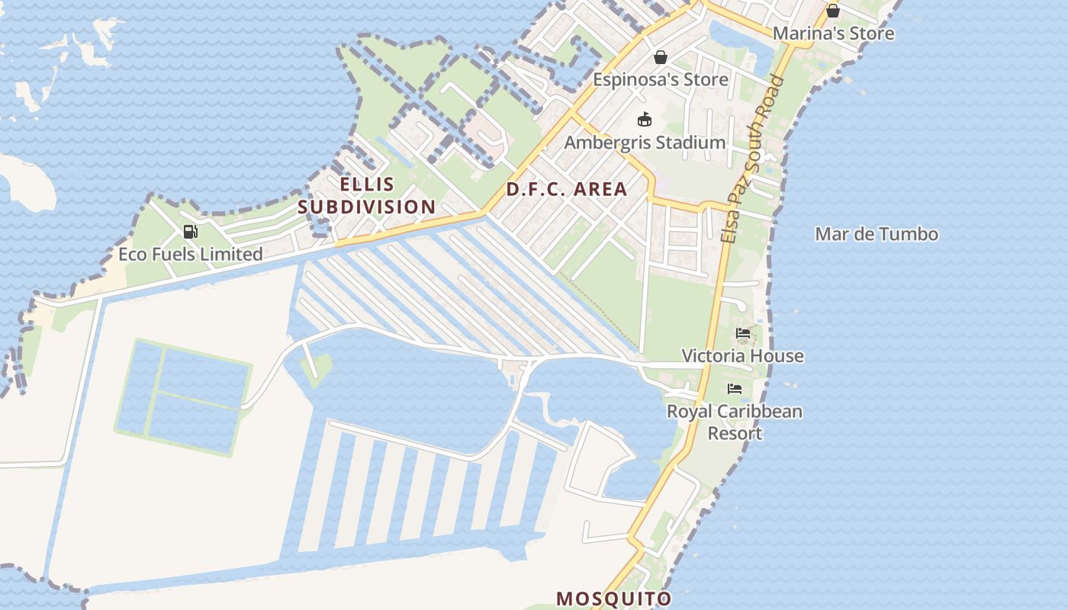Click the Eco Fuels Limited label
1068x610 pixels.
pos(191,254)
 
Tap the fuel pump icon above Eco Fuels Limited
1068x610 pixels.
pos(191,232)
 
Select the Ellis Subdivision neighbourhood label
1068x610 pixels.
pos(367,195)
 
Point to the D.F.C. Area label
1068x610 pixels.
pos(567,189)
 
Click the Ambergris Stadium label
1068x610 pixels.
pos(645,143)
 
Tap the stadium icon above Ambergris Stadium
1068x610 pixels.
pos(645,120)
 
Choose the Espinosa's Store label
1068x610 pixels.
pos(661,79)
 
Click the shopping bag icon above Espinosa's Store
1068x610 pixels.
pos(661,57)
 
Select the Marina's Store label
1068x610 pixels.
pos(833,34)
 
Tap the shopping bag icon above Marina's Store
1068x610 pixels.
pos(833,11)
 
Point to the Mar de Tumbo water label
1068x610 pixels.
pos(877,234)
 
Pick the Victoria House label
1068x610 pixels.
pos(742,355)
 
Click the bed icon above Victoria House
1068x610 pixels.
pos(743,333)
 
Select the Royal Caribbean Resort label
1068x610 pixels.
pos(735,422)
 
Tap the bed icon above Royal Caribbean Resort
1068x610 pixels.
pos(735,389)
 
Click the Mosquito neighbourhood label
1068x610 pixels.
pos(614,599)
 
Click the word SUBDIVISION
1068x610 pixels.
pos(367,207)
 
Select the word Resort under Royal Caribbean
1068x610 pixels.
pos(735,433)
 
